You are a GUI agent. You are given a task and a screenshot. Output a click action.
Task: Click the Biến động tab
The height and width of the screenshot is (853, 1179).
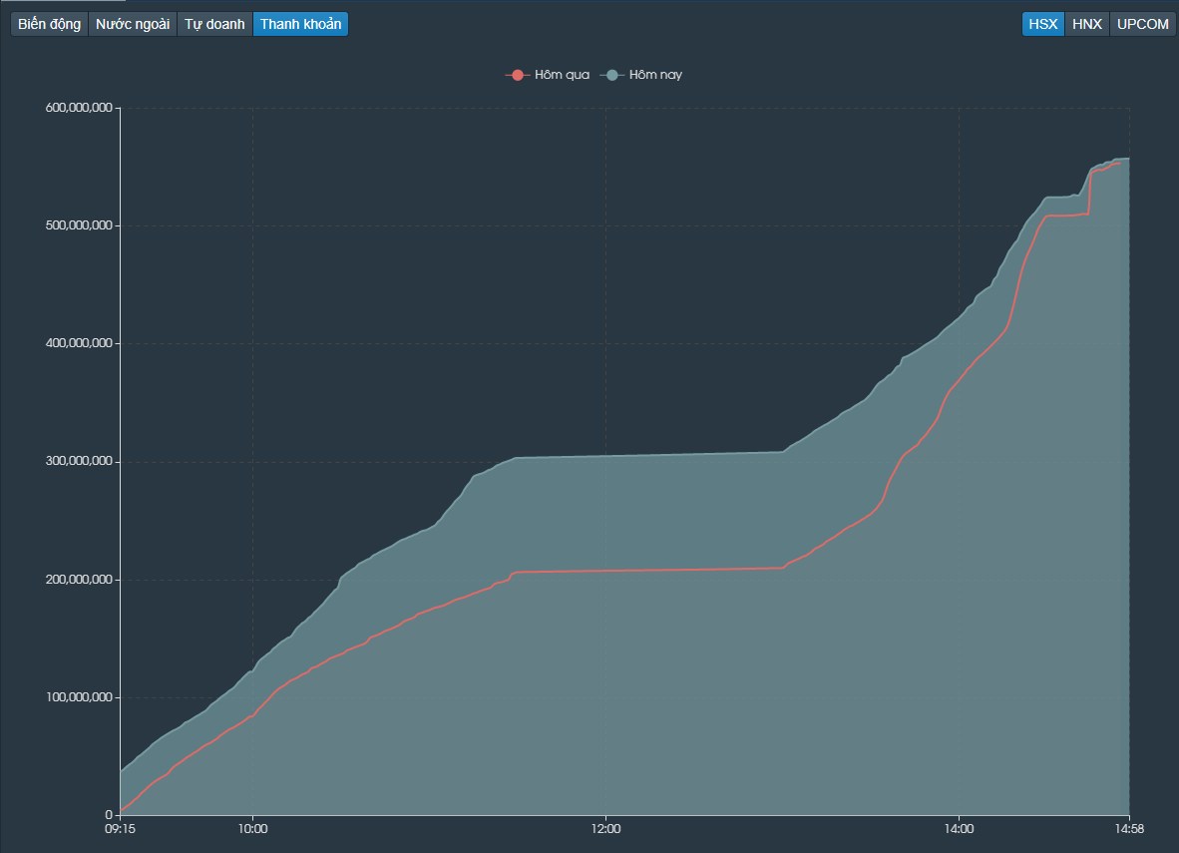(49, 24)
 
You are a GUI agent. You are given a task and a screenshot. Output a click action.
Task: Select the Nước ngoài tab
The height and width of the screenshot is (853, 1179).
(133, 24)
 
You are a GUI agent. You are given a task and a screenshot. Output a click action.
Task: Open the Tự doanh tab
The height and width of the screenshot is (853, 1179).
(214, 24)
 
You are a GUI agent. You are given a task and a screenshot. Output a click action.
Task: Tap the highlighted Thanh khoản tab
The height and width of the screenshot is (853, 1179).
(301, 24)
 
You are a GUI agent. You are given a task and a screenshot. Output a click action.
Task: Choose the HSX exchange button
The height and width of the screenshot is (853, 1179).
(1043, 24)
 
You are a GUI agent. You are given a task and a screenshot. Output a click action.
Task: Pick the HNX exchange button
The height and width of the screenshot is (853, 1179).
(1086, 24)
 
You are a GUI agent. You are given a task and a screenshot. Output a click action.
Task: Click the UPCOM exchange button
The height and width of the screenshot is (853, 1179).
(1143, 24)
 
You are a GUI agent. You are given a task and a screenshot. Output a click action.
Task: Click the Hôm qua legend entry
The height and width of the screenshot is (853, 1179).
(548, 75)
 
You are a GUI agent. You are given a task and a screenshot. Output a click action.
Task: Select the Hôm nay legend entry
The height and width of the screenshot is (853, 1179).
(641, 75)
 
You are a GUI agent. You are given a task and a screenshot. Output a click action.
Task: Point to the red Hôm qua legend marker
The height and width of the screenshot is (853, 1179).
(518, 75)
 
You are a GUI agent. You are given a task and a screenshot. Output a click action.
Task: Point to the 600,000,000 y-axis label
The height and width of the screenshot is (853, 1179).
(79, 108)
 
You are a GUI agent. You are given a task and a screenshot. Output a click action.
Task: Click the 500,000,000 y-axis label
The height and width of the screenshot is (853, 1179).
(79, 225)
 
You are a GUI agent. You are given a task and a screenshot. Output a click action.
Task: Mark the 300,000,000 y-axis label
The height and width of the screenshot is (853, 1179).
(79, 461)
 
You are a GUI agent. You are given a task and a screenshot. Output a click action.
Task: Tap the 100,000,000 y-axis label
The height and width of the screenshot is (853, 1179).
(79, 697)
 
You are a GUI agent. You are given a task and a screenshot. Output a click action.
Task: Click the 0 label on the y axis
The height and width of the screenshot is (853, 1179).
(109, 815)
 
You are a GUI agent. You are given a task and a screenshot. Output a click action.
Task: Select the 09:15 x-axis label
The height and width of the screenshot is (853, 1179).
(120, 829)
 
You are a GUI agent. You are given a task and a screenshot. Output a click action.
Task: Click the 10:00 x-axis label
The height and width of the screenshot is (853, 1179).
(252, 829)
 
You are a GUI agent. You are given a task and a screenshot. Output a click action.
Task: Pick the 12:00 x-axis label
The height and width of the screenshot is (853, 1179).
(606, 829)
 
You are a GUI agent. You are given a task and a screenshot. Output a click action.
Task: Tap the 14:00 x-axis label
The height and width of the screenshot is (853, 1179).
(959, 829)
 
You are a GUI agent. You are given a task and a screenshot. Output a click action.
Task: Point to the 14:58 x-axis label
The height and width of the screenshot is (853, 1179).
(1129, 829)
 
